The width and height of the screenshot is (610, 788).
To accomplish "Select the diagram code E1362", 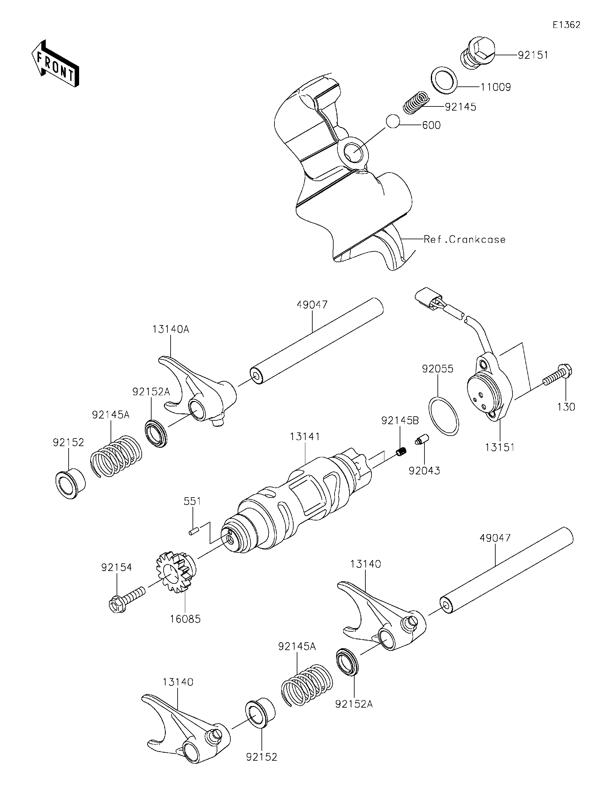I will point(566,25).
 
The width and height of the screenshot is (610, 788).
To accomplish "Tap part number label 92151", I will point(533,55).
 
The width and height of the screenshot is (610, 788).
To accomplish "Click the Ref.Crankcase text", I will point(464,240).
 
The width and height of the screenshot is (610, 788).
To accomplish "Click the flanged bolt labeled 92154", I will point(126,599).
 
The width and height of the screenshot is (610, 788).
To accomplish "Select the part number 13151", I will point(500,447).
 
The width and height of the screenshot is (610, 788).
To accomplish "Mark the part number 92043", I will point(424,471).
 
